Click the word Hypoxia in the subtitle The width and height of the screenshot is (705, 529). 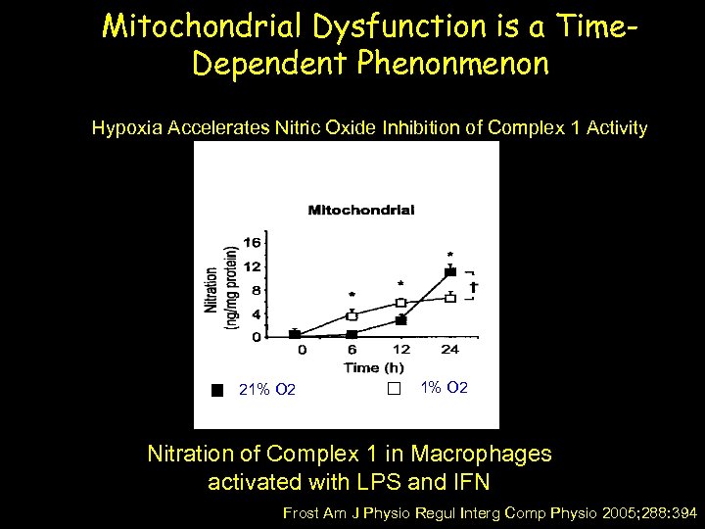tap(126, 128)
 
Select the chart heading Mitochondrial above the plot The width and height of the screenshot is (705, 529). tap(361, 210)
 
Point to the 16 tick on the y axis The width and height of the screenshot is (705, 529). tap(252, 243)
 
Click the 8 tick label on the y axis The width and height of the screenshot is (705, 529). tap(256, 290)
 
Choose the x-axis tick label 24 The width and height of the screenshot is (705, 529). tap(450, 350)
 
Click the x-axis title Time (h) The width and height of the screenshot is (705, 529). tap(373, 367)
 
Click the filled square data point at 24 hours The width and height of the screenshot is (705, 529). tap(450, 272)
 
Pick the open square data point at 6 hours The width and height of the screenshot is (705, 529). tap(352, 315)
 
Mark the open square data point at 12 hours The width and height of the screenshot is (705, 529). tap(400, 303)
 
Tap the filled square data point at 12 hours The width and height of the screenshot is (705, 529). tap(400, 320)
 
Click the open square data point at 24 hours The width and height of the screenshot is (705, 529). tap(450, 298)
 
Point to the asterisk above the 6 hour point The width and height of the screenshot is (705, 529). tap(352, 295)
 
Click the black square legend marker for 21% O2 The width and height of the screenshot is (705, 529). tap(217, 390)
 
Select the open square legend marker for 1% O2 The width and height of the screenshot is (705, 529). tap(394, 389)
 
